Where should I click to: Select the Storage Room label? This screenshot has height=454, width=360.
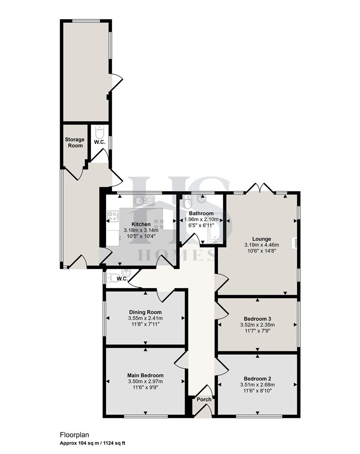tap(74, 143)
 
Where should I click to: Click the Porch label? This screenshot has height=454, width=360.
tap(204, 399)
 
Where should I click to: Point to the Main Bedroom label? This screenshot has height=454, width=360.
tap(146, 375)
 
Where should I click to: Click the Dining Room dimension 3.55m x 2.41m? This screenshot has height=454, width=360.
tap(146, 318)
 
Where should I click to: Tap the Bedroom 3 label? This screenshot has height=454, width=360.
tap(257, 318)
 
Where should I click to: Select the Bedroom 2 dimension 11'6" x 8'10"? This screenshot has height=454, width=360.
tap(257, 391)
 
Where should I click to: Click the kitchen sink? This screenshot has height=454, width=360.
tap(140, 201)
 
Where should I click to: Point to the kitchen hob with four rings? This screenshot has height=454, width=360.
tap(113, 216)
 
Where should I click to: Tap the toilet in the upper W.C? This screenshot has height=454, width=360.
tap(100, 133)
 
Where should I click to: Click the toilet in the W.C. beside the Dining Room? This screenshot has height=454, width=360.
tap(112, 277)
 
